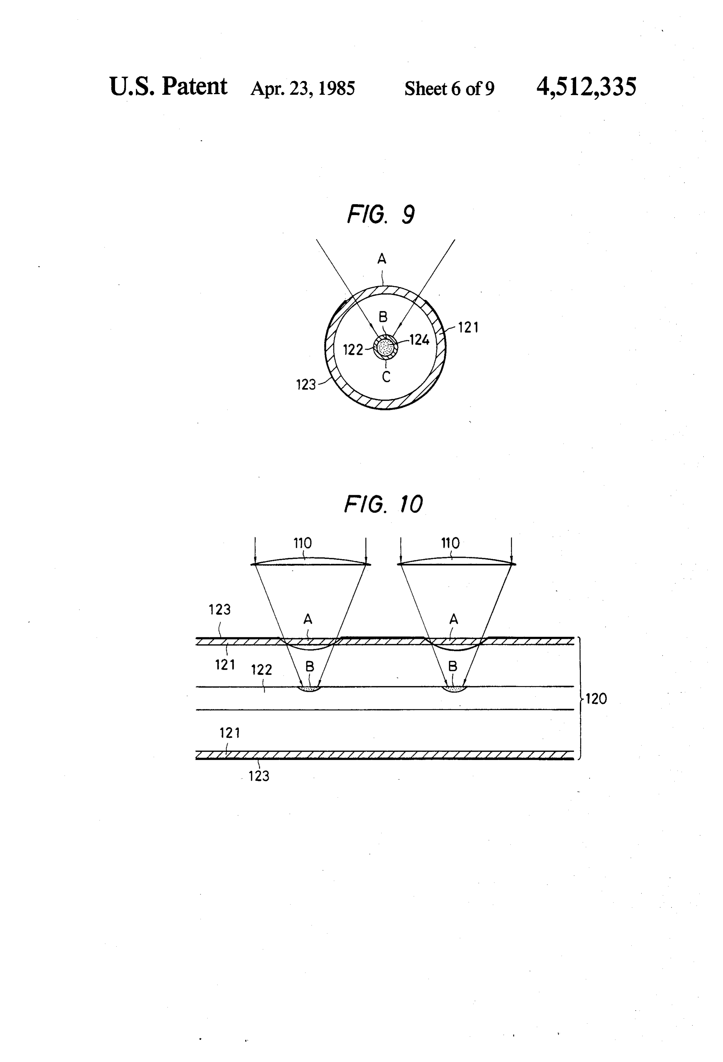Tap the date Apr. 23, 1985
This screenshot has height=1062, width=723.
coord(303,88)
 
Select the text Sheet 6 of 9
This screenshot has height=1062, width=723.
coord(449,88)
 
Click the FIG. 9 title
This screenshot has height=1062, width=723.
coord(381,214)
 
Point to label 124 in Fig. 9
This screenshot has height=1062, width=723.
coord(419,340)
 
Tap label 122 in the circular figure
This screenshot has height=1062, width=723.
coord(353,350)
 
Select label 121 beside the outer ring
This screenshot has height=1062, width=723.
coord(468,327)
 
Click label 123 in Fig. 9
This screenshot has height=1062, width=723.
coord(306,385)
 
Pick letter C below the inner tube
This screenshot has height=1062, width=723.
coord(386,377)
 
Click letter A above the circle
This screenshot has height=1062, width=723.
coord(382,259)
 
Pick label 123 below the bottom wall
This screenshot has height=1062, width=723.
coord(259,776)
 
